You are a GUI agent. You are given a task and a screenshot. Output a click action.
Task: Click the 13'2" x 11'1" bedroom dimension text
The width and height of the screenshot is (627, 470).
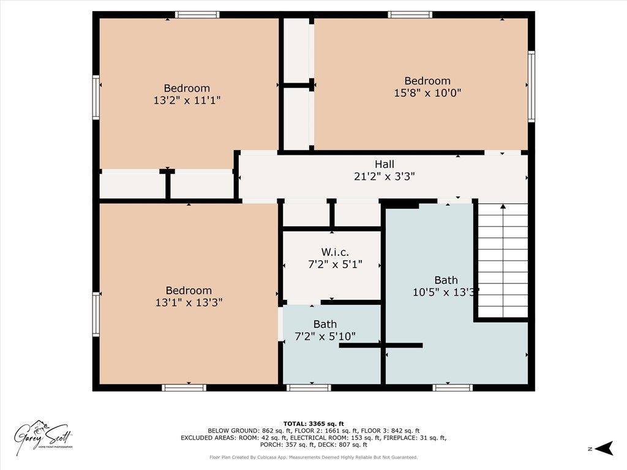tap(187, 100)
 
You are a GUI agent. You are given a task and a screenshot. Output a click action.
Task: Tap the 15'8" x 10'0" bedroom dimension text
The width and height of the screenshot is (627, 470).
tap(427, 93)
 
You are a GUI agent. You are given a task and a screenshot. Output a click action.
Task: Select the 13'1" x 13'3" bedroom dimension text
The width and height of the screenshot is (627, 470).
tap(189, 302)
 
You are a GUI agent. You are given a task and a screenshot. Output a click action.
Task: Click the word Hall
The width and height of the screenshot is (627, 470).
tap(385, 164)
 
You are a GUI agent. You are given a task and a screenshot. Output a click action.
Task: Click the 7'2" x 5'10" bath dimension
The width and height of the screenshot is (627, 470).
tap(325, 336)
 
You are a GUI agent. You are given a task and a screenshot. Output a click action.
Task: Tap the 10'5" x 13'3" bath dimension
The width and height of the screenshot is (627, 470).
tap(445, 293)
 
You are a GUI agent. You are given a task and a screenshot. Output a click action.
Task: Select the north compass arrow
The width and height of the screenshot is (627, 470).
tap(604, 449)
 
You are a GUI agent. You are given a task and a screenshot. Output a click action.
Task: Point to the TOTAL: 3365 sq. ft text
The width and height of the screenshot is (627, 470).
tap(313, 423)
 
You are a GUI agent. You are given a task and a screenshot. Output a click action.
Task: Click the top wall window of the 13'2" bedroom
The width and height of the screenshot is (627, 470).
tap(197, 15)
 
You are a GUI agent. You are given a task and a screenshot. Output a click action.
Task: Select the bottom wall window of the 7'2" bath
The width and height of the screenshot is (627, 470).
tap(309, 387)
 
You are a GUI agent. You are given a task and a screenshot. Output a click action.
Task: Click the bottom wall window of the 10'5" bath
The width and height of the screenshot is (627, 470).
tap(452, 387)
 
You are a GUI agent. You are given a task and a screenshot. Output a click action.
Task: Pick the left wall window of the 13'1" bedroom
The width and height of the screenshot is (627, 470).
tap(96, 314)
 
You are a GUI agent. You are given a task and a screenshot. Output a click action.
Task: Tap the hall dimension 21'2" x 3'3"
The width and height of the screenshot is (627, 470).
tap(385, 176)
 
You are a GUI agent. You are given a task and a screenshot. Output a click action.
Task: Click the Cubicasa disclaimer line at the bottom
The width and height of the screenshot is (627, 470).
tap(313, 457)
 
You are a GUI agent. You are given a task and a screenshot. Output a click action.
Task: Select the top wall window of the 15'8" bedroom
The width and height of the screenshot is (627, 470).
tap(410, 15)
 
